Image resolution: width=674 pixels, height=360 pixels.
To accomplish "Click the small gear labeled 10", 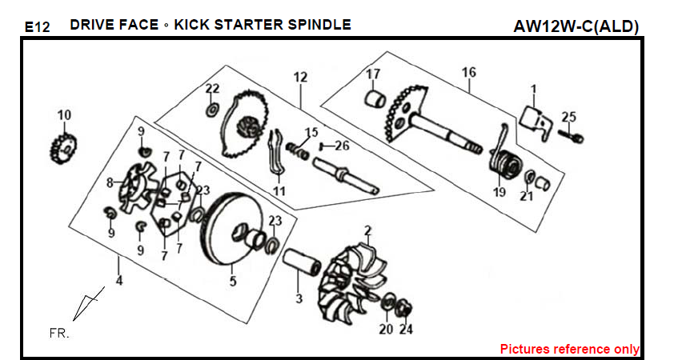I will pos(63,146).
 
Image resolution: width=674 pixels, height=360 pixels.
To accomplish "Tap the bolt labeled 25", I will pos(574,137).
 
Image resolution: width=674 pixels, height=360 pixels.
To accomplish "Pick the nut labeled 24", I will pos(405,306).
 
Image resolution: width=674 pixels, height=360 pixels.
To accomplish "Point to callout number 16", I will pos(469,73).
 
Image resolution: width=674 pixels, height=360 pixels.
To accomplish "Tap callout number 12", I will pos(300,78).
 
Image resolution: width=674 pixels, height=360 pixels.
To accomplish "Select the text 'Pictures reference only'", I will pos(569,349).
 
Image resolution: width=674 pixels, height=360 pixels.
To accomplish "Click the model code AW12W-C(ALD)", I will pos(576,26).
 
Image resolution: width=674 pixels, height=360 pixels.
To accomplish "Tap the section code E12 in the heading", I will pos(37,27).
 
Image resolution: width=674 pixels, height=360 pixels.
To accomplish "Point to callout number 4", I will pos(119,282).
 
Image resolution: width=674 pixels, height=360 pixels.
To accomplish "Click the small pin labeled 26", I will pos(323,146).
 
